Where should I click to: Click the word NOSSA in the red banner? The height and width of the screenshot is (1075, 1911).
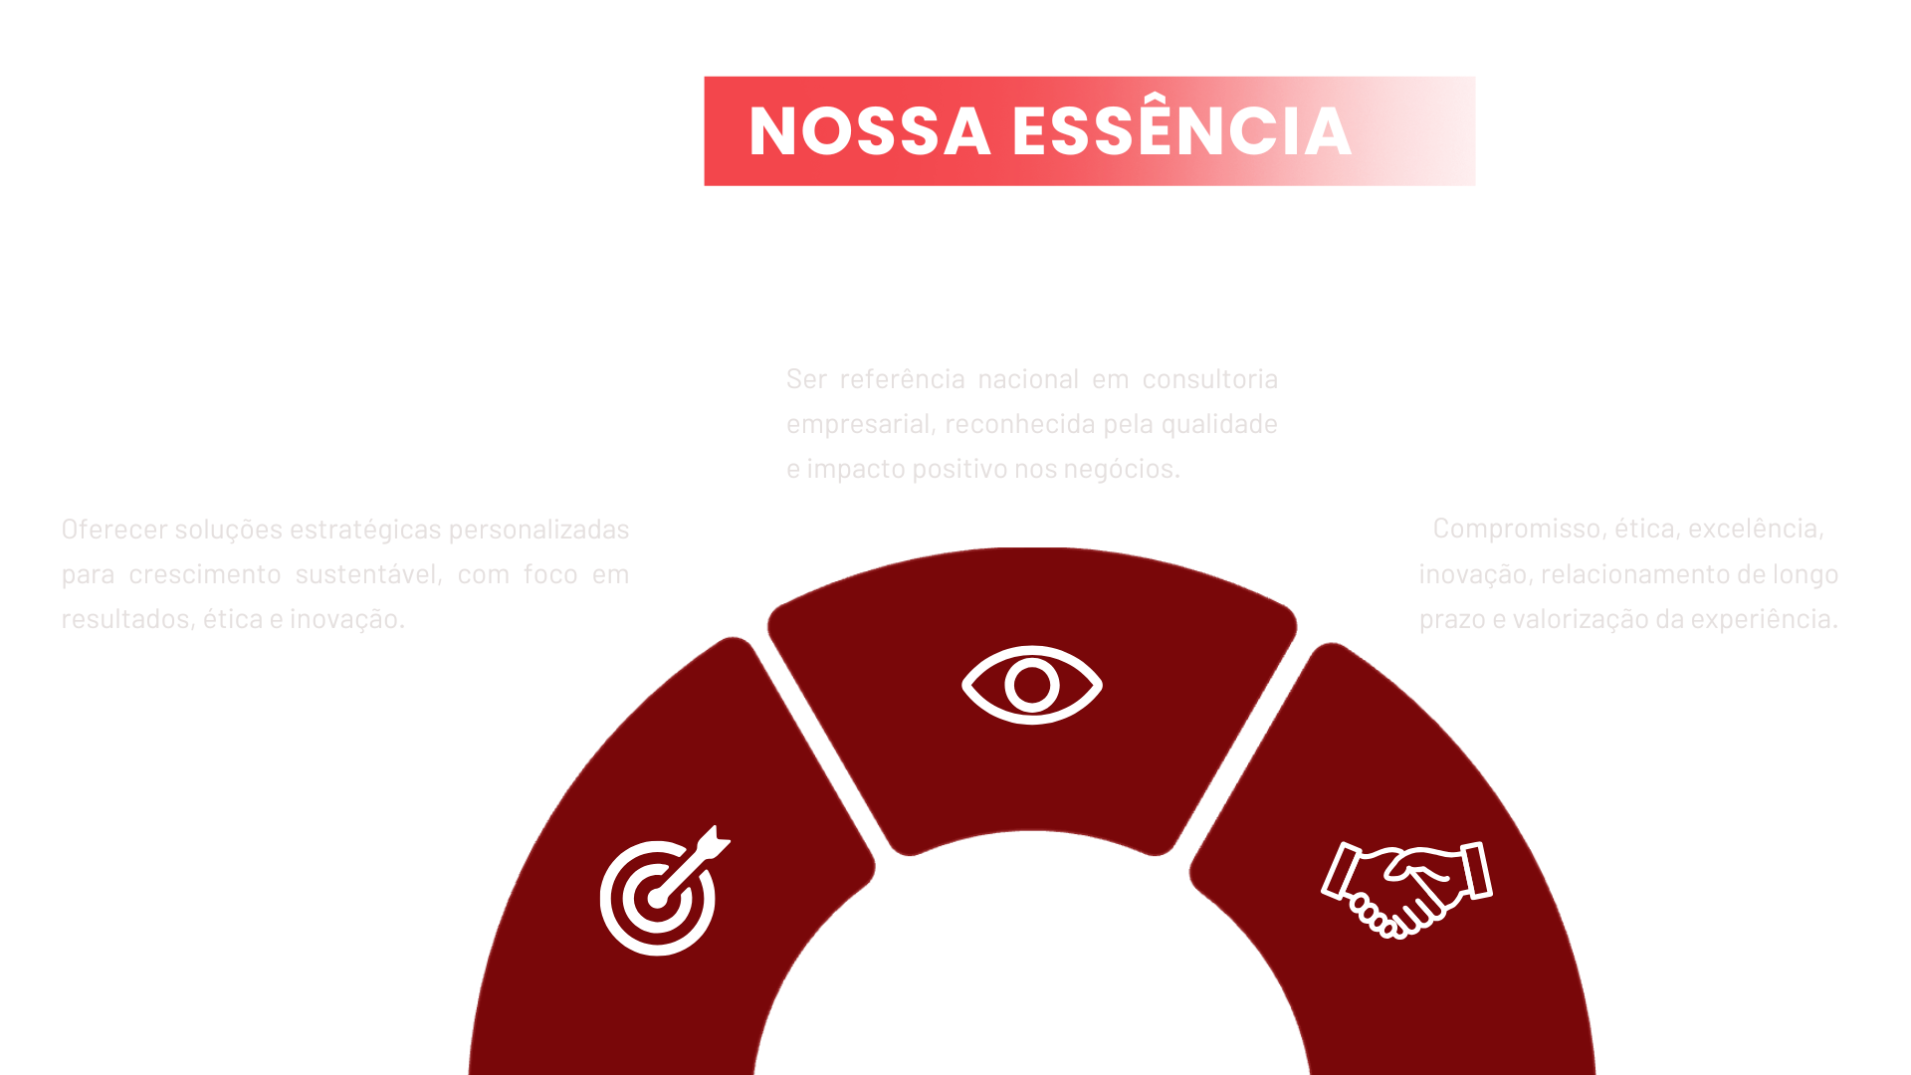click(869, 132)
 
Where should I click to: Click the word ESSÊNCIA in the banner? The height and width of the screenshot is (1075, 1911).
click(1182, 132)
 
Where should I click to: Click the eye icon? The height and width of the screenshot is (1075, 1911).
click(1031, 685)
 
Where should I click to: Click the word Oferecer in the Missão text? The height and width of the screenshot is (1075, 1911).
click(113, 530)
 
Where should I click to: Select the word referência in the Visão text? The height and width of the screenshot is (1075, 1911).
click(902, 380)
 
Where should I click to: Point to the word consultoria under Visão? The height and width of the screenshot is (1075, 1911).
click(1209, 380)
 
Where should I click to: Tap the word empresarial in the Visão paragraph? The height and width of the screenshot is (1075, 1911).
click(860, 425)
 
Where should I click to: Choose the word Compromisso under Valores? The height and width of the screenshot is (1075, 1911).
click(1518, 530)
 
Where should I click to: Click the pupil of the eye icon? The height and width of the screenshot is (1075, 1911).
click(1031, 685)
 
